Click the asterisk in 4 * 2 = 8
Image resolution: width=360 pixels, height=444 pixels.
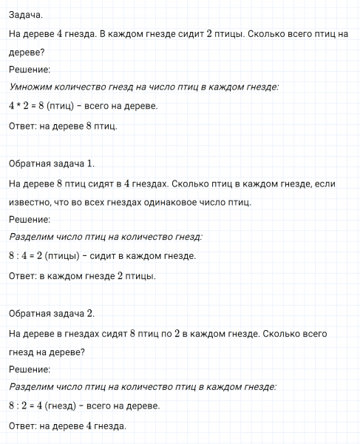pyautogui.click(x=21, y=106)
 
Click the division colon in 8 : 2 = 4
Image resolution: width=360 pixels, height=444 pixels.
pyautogui.click(x=21, y=406)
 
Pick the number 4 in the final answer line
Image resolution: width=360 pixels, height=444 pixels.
pyautogui.click(x=89, y=426)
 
